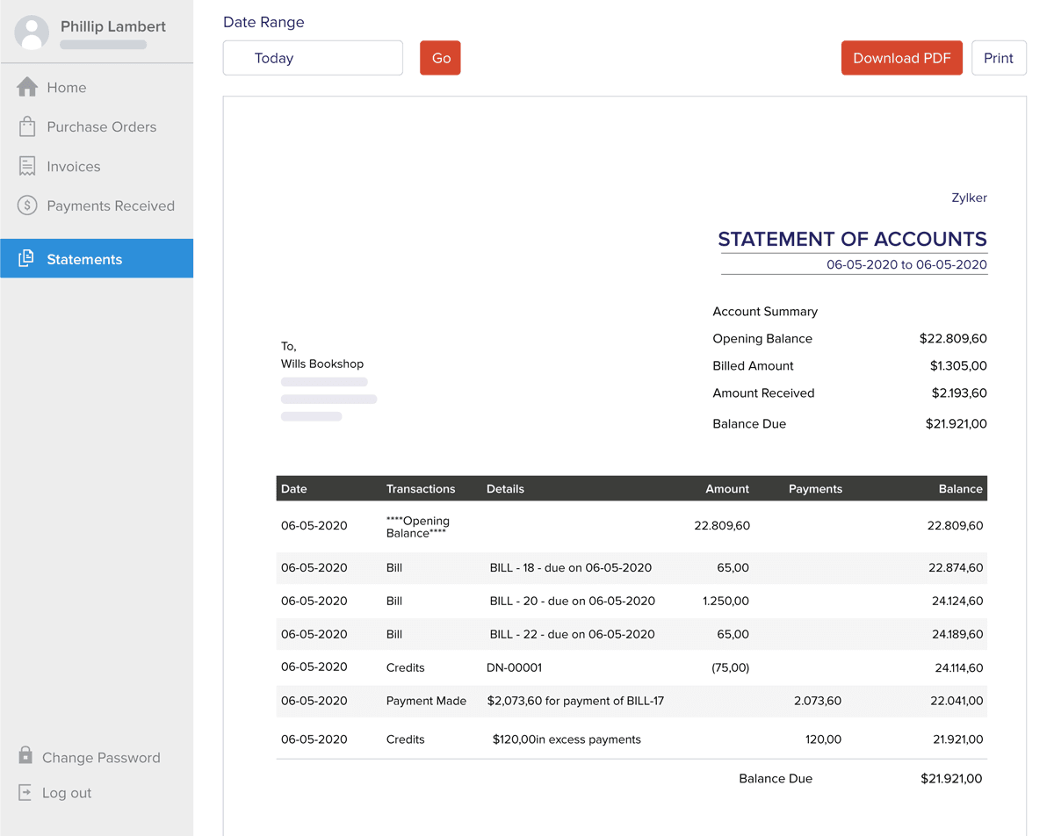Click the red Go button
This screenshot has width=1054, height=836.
coord(440,58)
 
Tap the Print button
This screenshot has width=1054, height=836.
coord(999,58)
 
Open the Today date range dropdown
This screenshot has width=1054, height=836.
coord(313,58)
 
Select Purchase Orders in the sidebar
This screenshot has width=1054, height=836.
coord(101,127)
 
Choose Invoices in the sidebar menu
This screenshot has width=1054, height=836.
coord(73,167)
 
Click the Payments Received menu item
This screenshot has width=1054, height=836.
coord(110,206)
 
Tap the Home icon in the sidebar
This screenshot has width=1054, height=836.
coord(27,87)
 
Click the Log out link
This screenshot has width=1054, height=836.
coord(66,793)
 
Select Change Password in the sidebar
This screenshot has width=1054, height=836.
coord(100,758)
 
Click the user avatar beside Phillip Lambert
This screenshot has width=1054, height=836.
coord(32,32)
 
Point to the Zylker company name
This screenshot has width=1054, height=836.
coord(969,198)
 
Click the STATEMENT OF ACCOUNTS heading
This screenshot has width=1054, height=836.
coord(852,239)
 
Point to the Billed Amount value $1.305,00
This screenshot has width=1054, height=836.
coord(958,366)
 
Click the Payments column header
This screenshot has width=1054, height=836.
coord(815,489)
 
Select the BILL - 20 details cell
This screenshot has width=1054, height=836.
coord(572,602)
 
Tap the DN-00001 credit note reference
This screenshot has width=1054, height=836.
coord(514,667)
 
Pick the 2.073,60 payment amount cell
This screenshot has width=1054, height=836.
coord(817,701)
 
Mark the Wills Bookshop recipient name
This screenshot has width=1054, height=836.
coord(322,364)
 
